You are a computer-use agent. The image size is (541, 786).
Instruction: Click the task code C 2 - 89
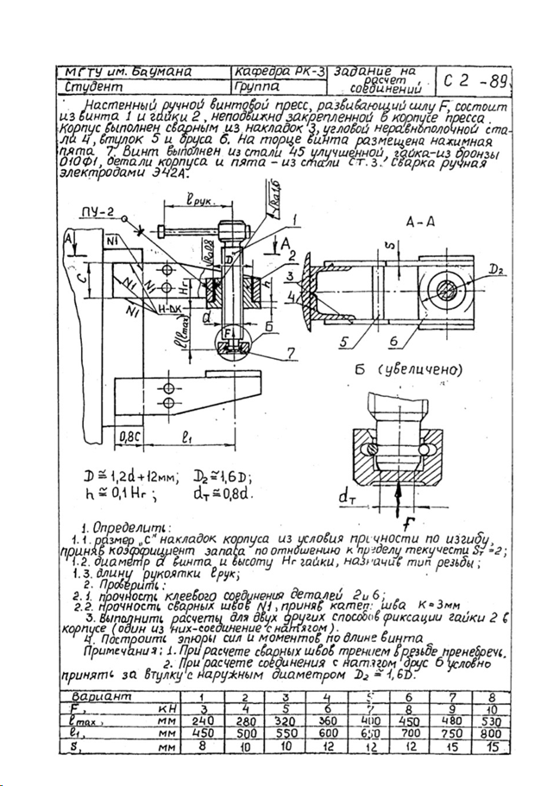(478, 83)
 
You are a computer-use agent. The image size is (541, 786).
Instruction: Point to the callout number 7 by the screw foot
(290, 354)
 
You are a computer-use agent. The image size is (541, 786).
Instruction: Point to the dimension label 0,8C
(130, 436)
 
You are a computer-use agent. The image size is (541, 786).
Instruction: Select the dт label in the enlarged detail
(347, 496)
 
